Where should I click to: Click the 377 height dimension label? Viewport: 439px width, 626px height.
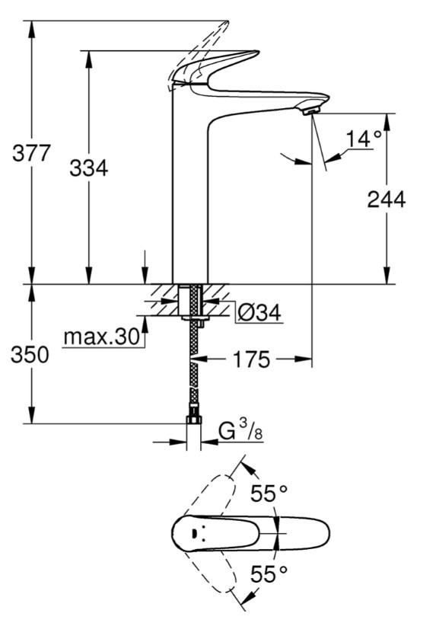tap(31, 153)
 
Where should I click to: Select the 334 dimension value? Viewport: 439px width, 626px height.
tap(88, 168)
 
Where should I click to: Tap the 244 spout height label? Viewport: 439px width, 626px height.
tap(386, 200)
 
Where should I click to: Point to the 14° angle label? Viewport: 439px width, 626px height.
tap(363, 139)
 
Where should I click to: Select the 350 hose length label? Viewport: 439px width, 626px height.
tap(30, 356)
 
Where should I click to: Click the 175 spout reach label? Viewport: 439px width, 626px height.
tap(251, 359)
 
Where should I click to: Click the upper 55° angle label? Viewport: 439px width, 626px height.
tap(269, 494)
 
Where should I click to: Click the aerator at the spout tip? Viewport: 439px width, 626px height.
tap(310, 111)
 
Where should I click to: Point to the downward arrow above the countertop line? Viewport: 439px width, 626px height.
tap(145, 266)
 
